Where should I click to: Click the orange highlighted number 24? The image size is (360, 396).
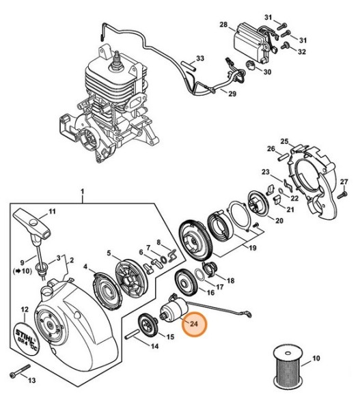tap(195, 324)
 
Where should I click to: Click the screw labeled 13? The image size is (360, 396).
tap(20, 373)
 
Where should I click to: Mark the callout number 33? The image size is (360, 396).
tap(200, 59)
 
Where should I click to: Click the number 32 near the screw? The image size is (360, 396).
tap(301, 52)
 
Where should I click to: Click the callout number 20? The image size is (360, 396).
tap(279, 221)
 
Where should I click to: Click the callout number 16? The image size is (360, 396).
tap(210, 292)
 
